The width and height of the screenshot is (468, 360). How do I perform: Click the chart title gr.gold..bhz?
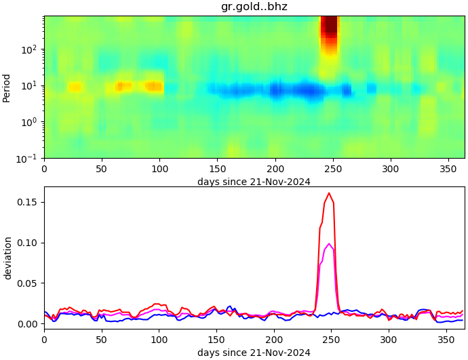[254, 7]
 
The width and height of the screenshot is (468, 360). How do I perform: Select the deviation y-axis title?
[7, 258]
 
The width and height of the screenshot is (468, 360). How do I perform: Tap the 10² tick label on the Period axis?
[29, 49]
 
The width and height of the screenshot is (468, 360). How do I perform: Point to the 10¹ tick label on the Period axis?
[29, 86]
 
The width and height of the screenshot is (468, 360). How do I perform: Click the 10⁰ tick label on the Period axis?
[29, 122]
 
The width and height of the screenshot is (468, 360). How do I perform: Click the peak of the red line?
[329, 193]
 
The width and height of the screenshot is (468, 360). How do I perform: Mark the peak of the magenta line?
[329, 244]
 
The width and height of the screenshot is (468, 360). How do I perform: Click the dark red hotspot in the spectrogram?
[330, 26]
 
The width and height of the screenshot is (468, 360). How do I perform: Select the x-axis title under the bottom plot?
[254, 353]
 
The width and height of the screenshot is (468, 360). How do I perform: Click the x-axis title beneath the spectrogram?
[254, 182]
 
